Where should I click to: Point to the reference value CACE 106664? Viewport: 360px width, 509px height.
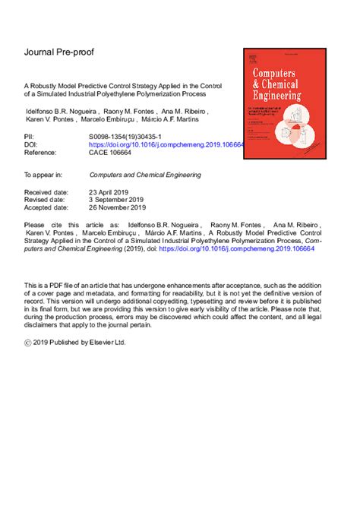pos(110,153)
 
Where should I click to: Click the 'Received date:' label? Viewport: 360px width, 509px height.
pos(49,193)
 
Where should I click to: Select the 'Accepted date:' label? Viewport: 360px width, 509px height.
pos(49,210)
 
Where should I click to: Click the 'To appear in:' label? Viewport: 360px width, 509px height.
pos(45,175)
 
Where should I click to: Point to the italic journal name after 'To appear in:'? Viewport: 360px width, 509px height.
pos(145,175)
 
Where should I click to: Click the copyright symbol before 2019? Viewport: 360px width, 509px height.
pos(29,343)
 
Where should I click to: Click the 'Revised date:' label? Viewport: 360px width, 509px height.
pos(47,201)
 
